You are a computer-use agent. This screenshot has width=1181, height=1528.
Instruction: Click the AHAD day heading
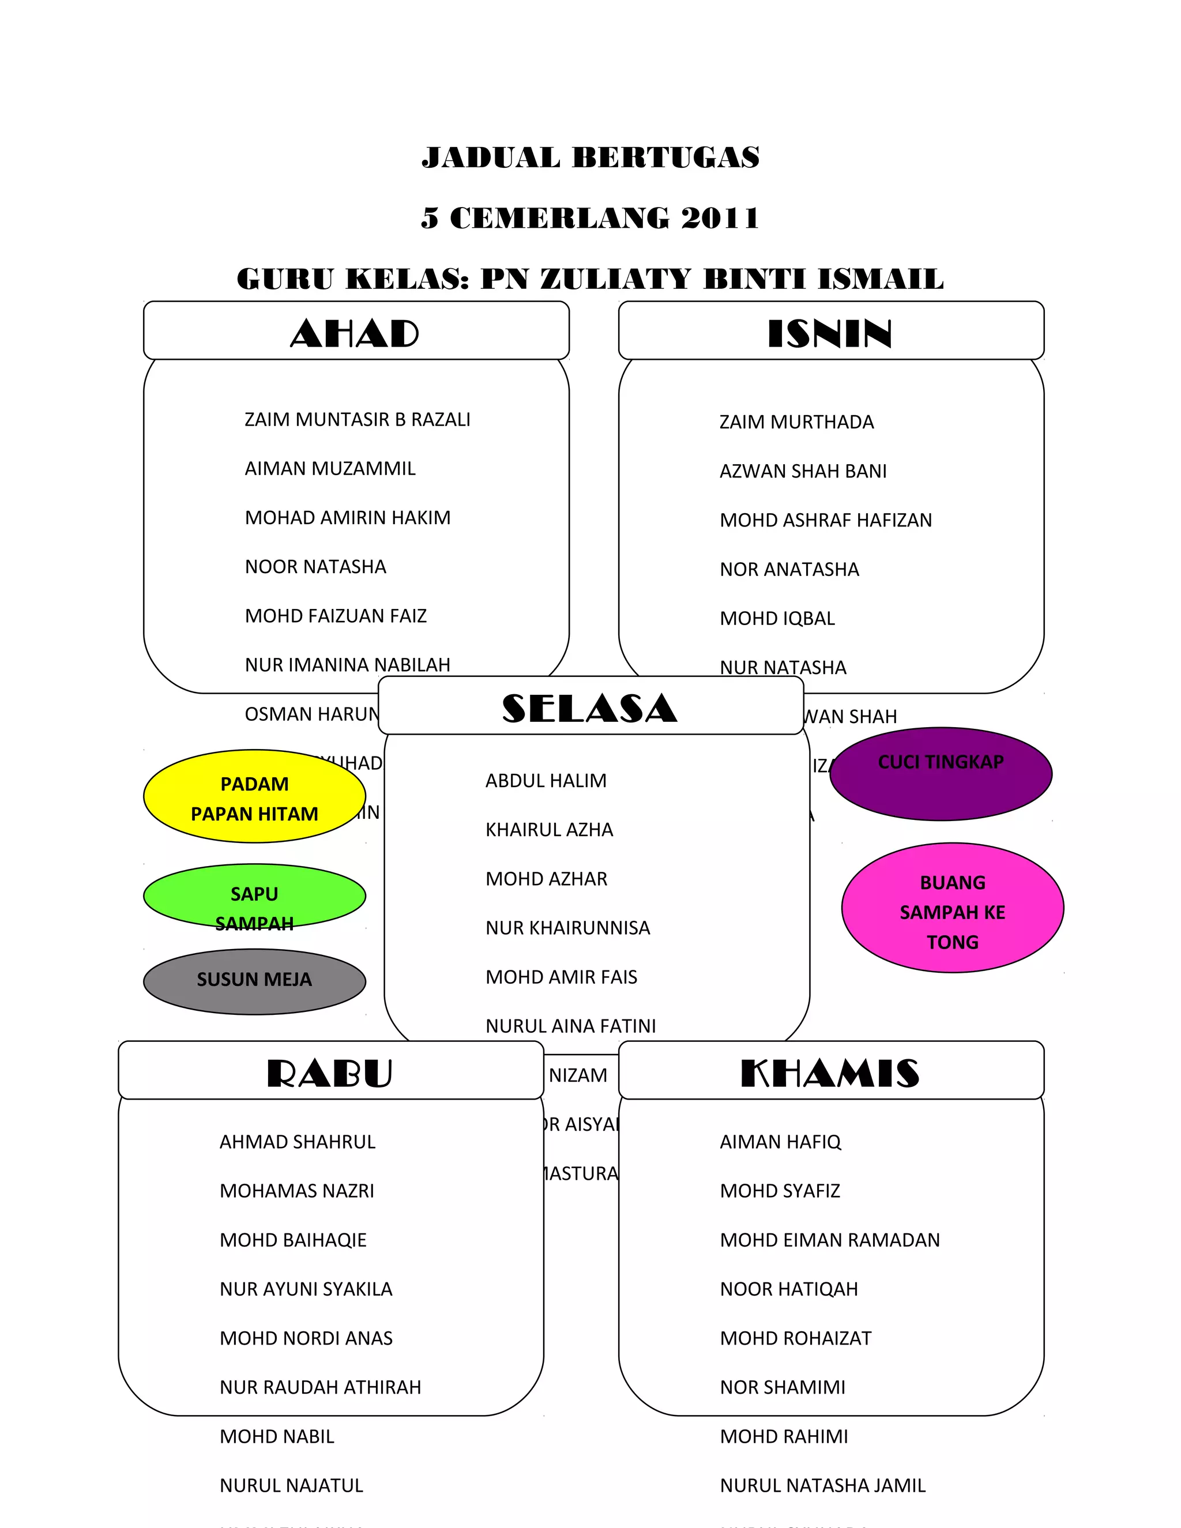coord(355,333)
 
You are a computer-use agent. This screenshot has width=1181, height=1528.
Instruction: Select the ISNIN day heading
coord(830,333)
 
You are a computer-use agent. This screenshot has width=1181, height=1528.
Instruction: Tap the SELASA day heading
coord(589,708)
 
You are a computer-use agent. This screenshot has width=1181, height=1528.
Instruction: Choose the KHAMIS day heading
coord(830,1073)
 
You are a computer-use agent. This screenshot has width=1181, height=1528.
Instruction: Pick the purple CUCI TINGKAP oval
coord(941,774)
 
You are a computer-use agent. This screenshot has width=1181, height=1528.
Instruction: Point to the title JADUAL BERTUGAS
coord(590,157)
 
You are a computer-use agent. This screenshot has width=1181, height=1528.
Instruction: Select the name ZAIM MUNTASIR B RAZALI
coord(358,420)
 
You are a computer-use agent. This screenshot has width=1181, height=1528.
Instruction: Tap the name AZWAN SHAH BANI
coord(803,472)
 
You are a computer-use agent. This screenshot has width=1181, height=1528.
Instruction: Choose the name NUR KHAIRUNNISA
coord(567,928)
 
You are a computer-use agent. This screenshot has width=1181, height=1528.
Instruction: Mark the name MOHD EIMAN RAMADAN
coord(830,1240)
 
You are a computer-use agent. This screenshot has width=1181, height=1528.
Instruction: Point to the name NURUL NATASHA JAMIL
coord(823,1485)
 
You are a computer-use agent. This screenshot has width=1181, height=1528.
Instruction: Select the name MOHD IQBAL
coord(777,619)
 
